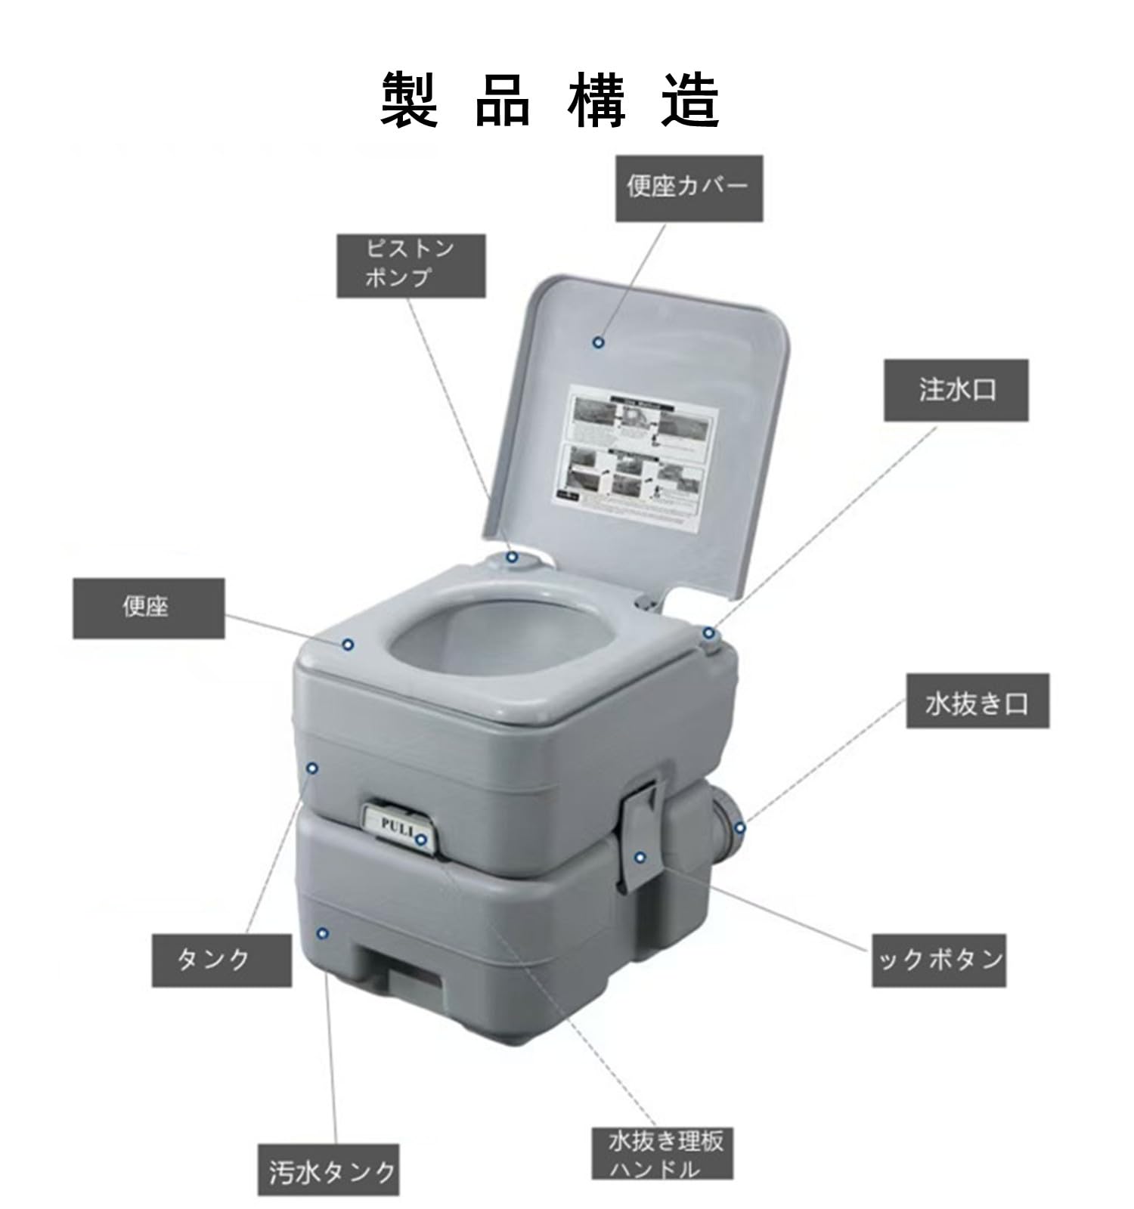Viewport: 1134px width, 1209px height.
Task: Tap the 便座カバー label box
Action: point(688,188)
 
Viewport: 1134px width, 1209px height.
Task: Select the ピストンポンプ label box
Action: point(411,265)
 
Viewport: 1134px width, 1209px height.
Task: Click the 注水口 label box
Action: point(956,390)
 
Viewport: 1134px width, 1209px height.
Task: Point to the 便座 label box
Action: point(148,608)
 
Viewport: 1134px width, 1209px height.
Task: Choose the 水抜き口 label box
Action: point(977,701)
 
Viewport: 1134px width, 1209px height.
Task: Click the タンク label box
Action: point(221,960)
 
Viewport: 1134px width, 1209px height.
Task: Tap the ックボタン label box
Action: point(938,960)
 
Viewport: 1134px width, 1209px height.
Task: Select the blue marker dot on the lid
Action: point(598,342)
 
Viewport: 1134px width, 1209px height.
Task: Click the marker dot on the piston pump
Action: point(512,558)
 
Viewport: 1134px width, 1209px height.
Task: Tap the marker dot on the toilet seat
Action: point(348,645)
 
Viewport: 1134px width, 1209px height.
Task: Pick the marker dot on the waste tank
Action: point(323,934)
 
